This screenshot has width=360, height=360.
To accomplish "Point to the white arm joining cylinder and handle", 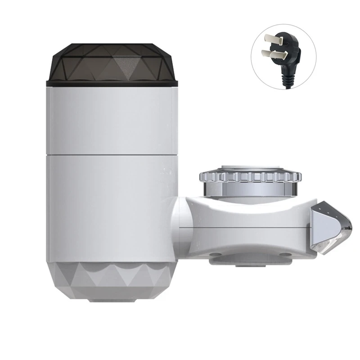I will tap(243, 220).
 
